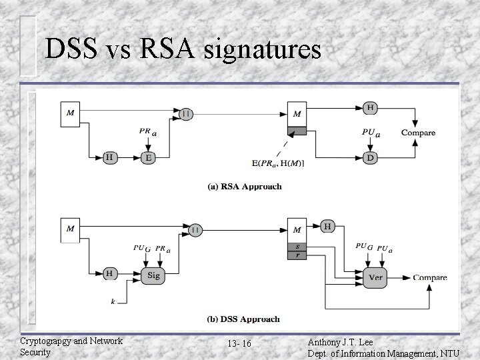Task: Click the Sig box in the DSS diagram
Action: click(x=153, y=275)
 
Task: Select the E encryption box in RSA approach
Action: click(x=149, y=157)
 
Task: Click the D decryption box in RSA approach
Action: click(x=370, y=157)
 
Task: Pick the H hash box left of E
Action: click(x=109, y=157)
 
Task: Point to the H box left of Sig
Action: click(x=109, y=273)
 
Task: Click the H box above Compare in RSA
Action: click(x=370, y=107)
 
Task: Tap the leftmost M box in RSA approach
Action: click(x=71, y=113)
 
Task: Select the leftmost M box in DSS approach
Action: click(x=71, y=229)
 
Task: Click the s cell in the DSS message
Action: click(x=296, y=247)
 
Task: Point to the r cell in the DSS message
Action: click(x=296, y=255)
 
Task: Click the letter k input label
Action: click(x=113, y=302)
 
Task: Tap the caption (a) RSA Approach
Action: click(x=245, y=187)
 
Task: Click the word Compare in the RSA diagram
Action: click(x=418, y=133)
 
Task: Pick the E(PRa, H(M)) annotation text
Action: click(x=277, y=163)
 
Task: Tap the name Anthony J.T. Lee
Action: click(x=345, y=341)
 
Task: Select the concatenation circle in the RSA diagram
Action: click(x=187, y=114)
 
